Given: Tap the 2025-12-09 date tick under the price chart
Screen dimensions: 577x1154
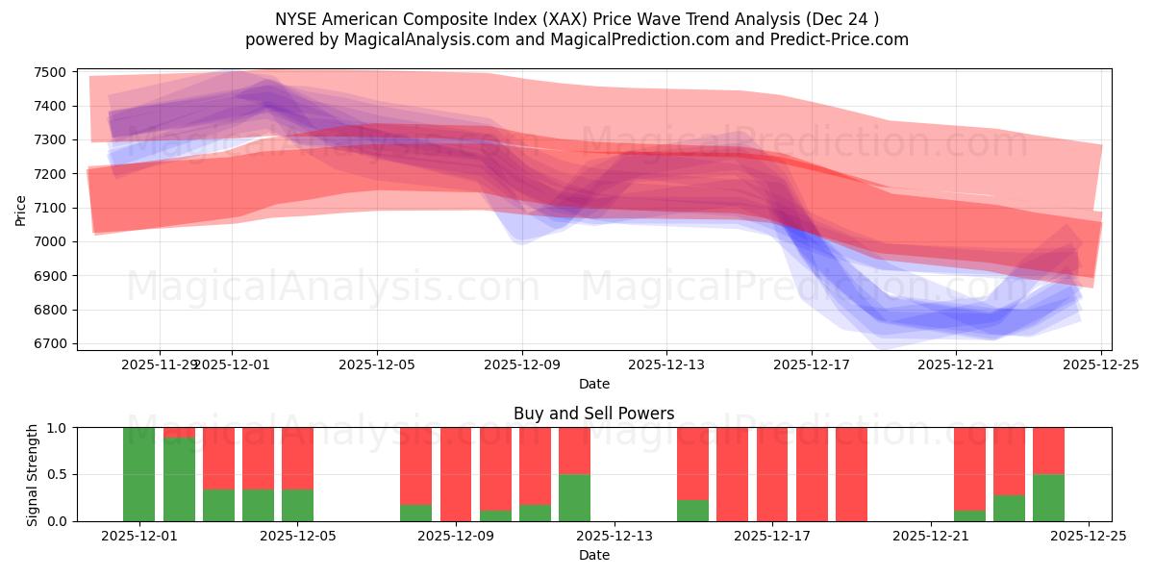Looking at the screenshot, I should click(x=522, y=364).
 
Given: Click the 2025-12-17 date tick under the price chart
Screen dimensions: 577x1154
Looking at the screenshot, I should click(x=811, y=364).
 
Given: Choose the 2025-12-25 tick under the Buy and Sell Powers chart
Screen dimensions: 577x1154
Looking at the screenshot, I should click(x=1089, y=538).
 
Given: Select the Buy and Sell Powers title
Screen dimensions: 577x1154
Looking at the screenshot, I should click(x=593, y=414).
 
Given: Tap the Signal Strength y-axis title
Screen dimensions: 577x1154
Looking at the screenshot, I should click(x=32, y=474).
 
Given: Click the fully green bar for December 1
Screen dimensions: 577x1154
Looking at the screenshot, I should click(x=139, y=474).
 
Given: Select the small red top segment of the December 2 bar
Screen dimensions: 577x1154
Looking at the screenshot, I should click(x=179, y=433).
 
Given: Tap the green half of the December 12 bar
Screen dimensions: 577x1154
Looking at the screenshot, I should click(x=574, y=497).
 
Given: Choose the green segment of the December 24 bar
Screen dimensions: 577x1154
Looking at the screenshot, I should click(x=1048, y=497).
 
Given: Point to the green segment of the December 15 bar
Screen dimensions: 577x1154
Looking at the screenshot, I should click(x=692, y=511).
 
